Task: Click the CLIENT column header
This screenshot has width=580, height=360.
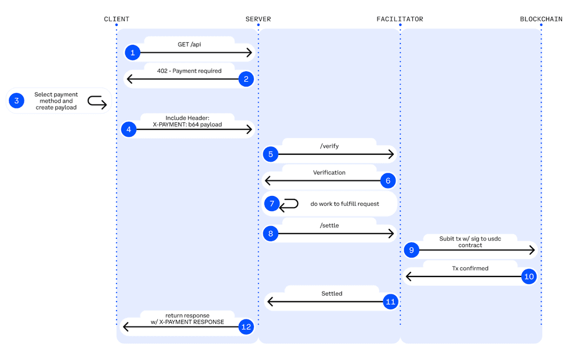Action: point(117,19)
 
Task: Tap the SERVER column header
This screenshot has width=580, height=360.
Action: point(258,19)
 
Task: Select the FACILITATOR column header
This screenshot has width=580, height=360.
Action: point(400,19)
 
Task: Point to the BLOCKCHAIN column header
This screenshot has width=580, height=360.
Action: point(541,19)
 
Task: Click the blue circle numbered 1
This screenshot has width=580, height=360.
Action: point(132,53)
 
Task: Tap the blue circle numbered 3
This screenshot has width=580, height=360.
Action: point(16,101)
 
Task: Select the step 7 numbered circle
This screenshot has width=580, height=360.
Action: point(271,204)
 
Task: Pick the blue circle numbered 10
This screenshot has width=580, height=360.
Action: point(528,277)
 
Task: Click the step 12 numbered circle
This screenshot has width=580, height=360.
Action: point(246,327)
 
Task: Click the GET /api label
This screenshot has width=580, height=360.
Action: point(189,45)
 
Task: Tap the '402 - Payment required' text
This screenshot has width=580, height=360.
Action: point(189,71)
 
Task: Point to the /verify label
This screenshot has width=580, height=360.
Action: point(329,146)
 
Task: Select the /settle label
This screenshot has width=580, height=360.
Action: point(329,226)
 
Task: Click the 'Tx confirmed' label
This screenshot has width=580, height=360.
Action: point(470,268)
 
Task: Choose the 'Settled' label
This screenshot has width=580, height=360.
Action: point(332,293)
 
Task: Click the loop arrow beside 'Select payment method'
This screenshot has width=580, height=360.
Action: point(97,102)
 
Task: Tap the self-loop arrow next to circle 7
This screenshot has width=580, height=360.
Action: point(289,204)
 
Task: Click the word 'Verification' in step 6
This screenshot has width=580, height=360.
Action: point(329,172)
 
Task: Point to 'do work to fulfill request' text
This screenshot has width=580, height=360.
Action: point(345,204)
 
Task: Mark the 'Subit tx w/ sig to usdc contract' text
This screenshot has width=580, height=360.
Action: point(470,242)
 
